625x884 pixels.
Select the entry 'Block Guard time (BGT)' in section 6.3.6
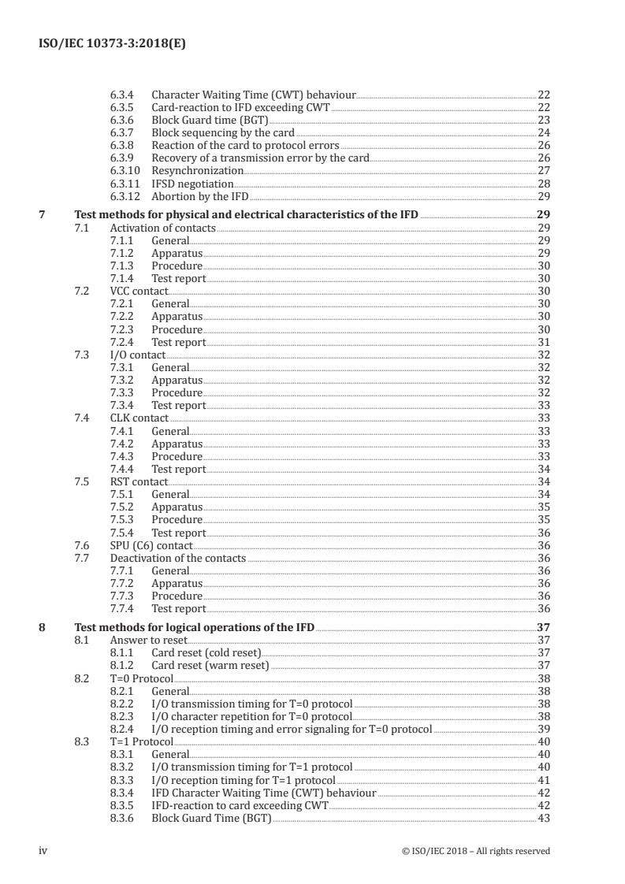[x=210, y=120]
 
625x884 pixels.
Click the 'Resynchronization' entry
[x=197, y=170]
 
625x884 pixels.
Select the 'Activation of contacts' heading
[x=162, y=228]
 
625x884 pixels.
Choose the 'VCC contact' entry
[x=139, y=291]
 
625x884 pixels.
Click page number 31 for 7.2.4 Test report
[x=543, y=342]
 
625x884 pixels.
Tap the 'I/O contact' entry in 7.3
[x=137, y=355]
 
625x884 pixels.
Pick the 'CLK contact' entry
[x=139, y=418]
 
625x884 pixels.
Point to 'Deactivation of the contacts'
[x=177, y=558]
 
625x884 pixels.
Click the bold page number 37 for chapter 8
[x=542, y=628]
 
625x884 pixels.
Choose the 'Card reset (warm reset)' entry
[x=210, y=666]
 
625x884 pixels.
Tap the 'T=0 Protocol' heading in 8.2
[x=140, y=678]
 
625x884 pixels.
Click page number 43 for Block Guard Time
[x=543, y=818]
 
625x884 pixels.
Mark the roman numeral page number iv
[x=44, y=851]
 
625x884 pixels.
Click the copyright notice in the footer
[x=475, y=851]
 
